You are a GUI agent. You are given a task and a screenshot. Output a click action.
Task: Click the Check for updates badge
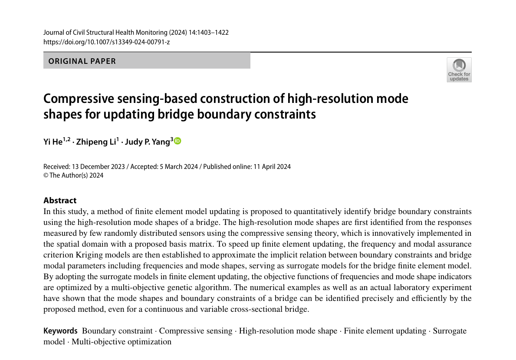click(x=459, y=70)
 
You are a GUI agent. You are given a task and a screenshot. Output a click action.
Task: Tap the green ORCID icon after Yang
click(x=177, y=141)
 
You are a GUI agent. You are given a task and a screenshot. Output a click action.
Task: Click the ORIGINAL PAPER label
click(x=82, y=61)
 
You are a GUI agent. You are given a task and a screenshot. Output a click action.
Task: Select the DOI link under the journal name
click(x=106, y=42)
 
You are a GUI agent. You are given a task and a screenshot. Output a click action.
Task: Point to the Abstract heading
click(x=60, y=200)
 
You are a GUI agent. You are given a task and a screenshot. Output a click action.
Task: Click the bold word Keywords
click(x=60, y=331)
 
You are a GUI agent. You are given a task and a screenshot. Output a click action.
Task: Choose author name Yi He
click(x=53, y=142)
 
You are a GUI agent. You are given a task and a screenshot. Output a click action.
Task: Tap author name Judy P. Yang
click(x=147, y=142)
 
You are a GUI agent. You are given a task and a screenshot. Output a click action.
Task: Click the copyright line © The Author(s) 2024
click(x=73, y=175)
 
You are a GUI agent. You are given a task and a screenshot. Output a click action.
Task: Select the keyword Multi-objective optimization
click(x=122, y=342)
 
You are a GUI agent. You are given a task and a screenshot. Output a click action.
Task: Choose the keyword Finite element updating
click(x=385, y=331)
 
